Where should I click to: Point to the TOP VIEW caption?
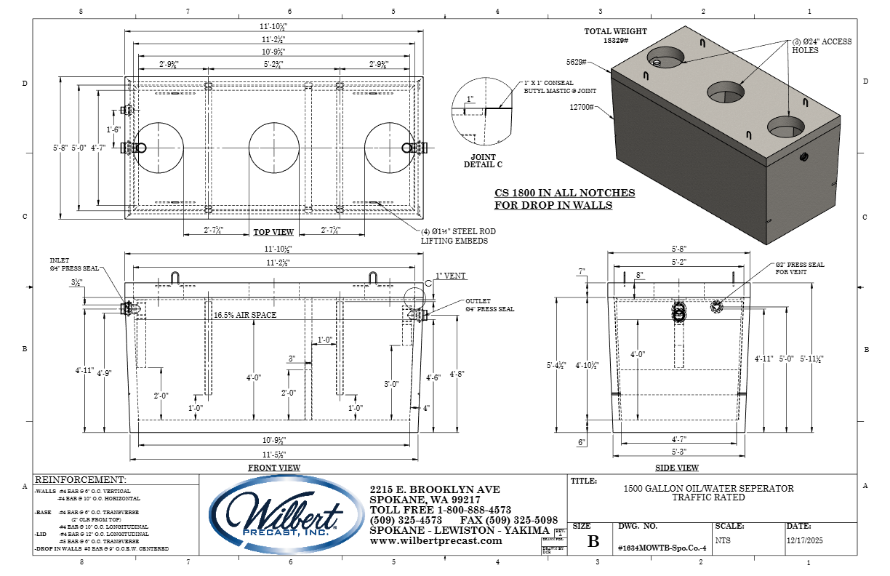tap(273, 233)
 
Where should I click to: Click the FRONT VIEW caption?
tap(273, 468)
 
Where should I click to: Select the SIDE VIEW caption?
tap(677, 468)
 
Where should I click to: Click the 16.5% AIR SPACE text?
tap(246, 316)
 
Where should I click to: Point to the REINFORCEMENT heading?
tap(80, 480)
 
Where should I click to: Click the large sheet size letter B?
tap(593, 542)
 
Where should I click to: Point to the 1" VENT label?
tap(451, 276)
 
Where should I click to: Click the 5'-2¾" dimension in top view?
tap(273, 65)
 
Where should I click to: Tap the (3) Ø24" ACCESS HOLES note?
tap(822, 46)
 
